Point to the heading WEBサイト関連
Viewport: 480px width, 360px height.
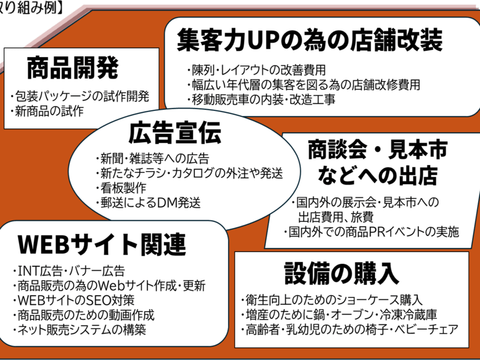[101, 244]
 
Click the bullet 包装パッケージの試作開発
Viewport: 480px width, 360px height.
[79, 96]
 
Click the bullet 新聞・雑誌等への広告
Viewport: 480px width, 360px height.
[152, 159]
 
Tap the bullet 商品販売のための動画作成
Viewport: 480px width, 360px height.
[83, 315]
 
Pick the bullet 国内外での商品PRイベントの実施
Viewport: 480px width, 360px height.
[371, 230]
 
